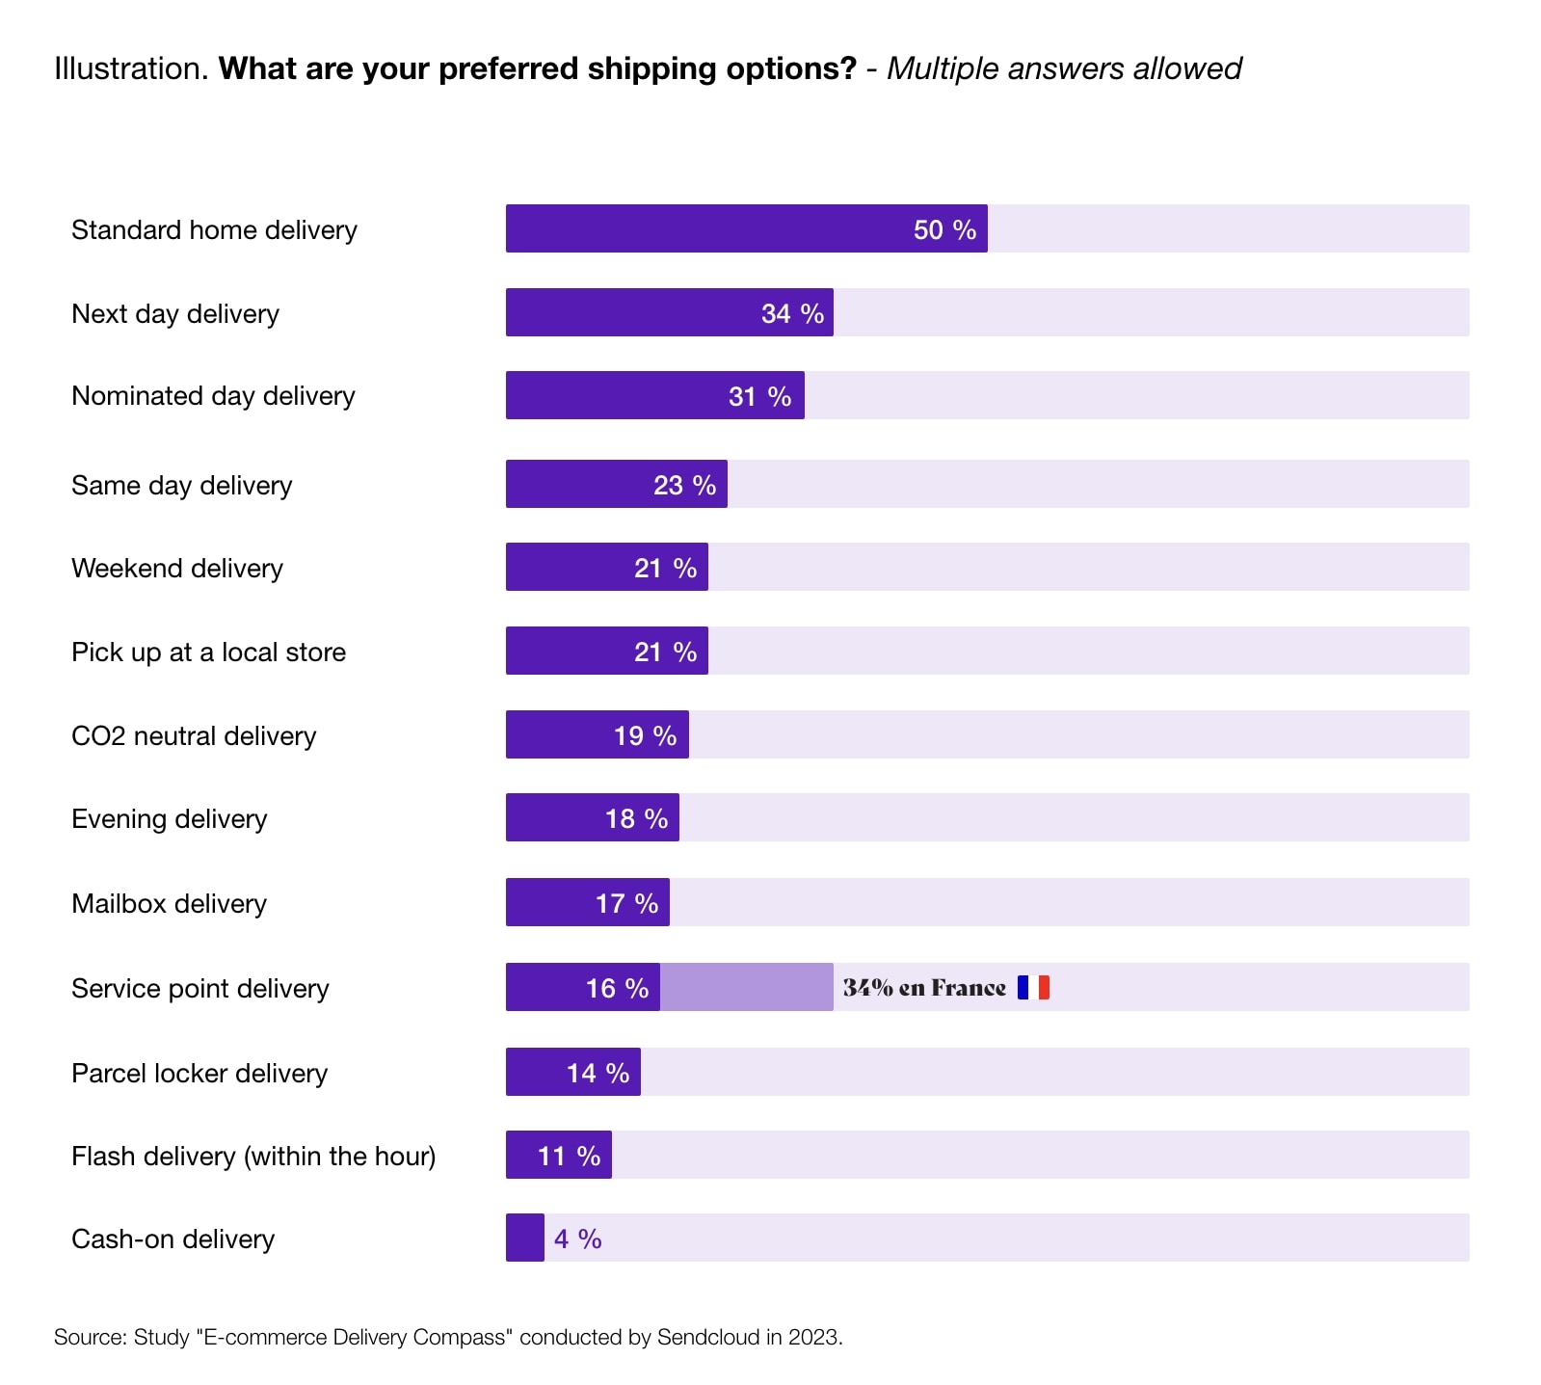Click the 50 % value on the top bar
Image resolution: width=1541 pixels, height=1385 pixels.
(944, 229)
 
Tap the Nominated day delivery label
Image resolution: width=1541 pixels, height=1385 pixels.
(213, 396)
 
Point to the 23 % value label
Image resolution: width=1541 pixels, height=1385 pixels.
(684, 485)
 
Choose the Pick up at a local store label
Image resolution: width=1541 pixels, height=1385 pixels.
(208, 653)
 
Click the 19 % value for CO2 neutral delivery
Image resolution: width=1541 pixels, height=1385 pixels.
(645, 735)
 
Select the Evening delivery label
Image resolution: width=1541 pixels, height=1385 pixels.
(169, 819)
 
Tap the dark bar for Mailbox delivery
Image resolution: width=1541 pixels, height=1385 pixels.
(549, 903)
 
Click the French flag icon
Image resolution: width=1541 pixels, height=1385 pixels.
(1033, 987)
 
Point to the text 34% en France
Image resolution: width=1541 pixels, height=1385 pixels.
(923, 988)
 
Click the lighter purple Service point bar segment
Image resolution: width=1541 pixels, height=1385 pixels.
(746, 987)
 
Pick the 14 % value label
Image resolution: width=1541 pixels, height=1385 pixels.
(598, 1073)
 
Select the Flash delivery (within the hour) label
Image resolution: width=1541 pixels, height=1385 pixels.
(253, 1156)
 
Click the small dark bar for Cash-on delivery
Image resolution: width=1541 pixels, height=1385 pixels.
(525, 1238)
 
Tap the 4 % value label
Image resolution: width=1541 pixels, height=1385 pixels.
(577, 1239)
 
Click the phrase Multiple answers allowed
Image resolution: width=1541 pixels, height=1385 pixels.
(1063, 68)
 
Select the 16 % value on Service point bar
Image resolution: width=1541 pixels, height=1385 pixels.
(617, 988)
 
